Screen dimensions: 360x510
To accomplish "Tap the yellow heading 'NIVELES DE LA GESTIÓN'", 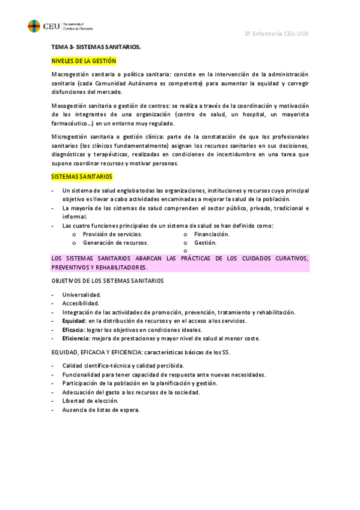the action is pos(84,61).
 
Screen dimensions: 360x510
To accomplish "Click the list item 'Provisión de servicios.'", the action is pos(112,234).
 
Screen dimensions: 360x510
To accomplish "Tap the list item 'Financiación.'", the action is pos(212,234).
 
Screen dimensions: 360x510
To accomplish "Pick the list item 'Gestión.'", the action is pos(205,242).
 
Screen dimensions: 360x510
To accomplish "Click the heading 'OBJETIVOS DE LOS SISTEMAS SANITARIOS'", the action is pos(108,280).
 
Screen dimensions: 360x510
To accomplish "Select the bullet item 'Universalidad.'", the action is pos(82,295).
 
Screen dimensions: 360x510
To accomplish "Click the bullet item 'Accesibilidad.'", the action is pos(81,304).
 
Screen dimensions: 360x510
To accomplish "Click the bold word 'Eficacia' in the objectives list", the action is pos(73,330).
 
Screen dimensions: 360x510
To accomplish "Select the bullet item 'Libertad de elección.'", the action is pos(90,401).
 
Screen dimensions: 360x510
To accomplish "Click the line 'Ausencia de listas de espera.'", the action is pos(101,410).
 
